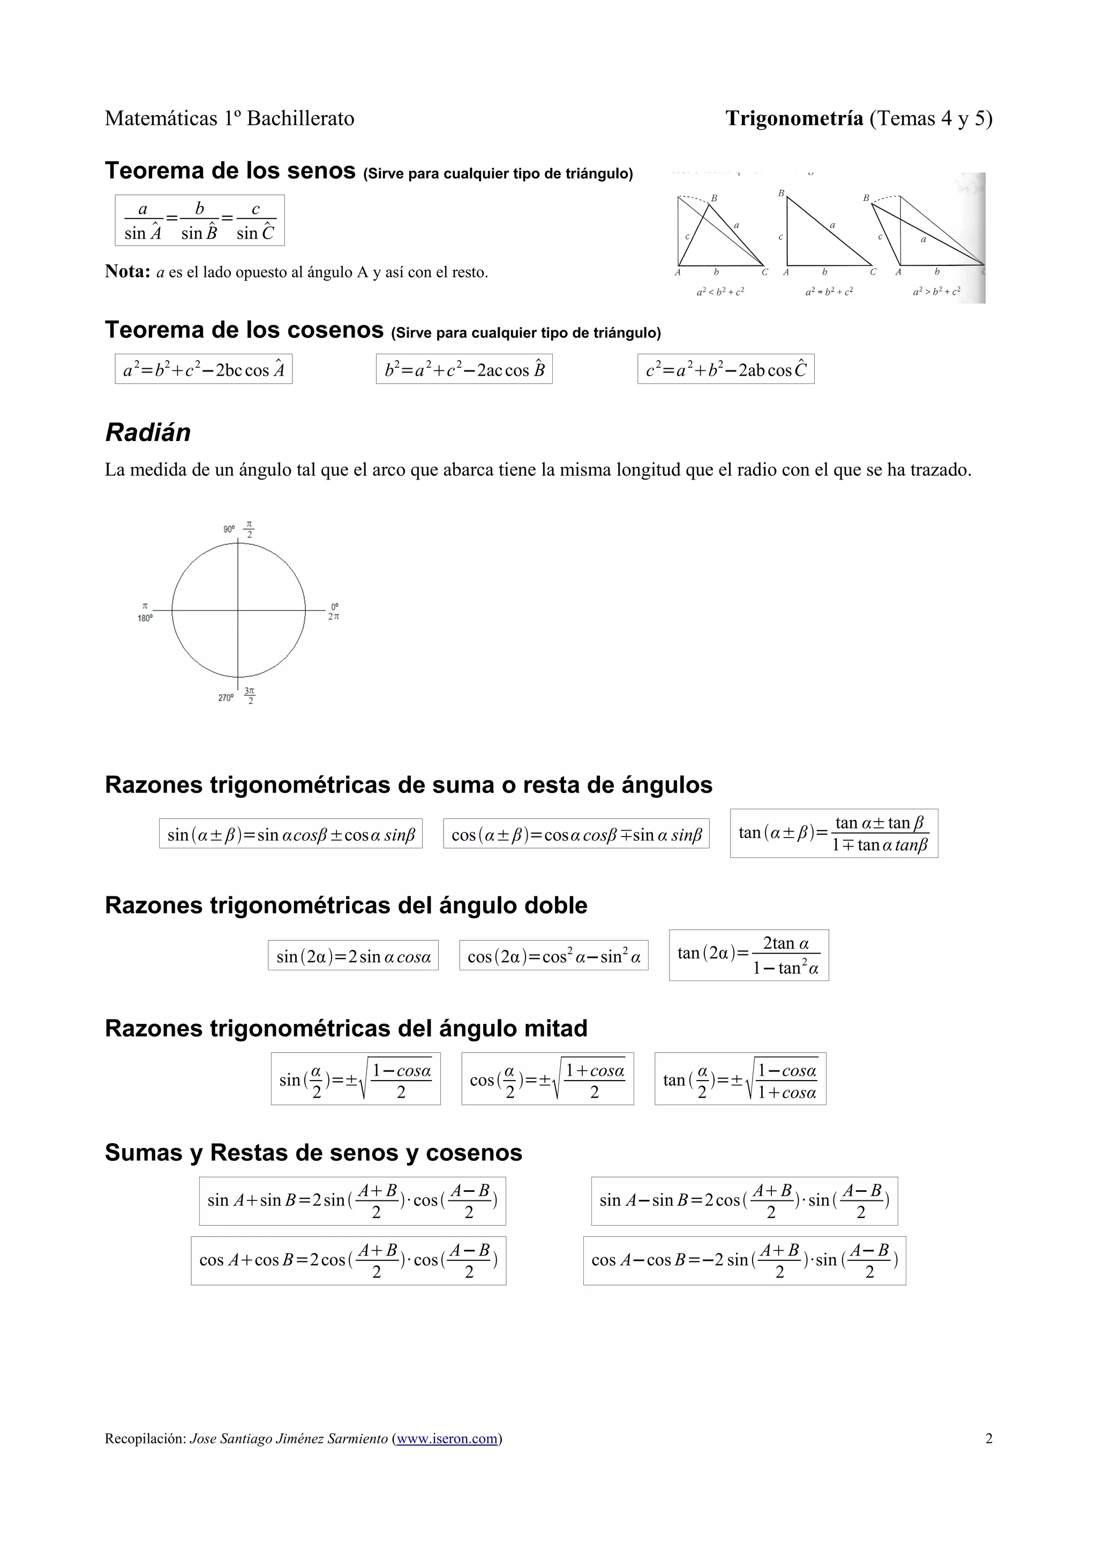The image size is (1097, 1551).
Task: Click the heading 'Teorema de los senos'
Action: (230, 170)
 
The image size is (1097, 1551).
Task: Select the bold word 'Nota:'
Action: (127, 271)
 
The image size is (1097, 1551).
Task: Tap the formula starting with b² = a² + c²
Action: (464, 369)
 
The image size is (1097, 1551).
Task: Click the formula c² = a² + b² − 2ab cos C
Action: (725, 369)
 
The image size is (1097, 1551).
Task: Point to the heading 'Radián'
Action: (147, 432)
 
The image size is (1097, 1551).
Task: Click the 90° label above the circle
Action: (229, 529)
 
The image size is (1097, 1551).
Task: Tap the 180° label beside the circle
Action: (145, 618)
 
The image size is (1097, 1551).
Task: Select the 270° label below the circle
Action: (225, 697)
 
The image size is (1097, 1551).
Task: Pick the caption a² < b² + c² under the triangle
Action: (720, 292)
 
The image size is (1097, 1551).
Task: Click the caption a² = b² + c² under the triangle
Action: (829, 292)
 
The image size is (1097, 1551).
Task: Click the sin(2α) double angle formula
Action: (353, 956)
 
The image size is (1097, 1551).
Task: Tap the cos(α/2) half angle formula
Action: (547, 1079)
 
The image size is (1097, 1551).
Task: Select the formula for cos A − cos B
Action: (744, 1260)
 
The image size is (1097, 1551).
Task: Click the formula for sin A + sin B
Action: (352, 1200)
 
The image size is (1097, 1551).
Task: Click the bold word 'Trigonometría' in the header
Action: (794, 118)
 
